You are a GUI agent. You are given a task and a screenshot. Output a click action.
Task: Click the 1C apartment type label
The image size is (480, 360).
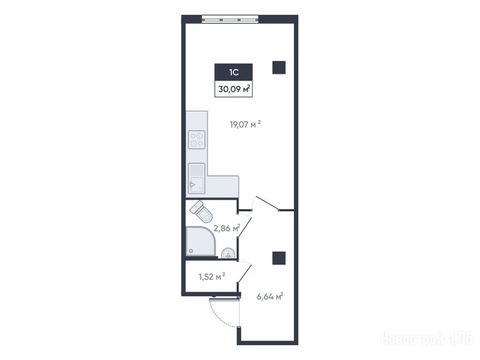click(x=233, y=72)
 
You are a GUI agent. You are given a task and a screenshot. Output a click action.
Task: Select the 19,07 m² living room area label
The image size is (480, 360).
click(x=245, y=124)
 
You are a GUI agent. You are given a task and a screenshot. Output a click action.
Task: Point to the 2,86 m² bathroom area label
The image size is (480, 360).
click(x=226, y=228)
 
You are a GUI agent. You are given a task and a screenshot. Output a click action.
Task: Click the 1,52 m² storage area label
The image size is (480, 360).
click(x=212, y=277)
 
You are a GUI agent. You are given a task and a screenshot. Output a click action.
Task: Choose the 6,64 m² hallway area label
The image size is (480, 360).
click(x=270, y=297)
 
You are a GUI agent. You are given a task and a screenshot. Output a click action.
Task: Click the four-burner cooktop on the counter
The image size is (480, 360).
click(x=196, y=140)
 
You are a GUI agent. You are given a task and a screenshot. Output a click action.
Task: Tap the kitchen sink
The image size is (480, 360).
click(x=196, y=179)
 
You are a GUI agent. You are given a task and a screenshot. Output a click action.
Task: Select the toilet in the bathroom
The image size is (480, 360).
click(x=202, y=211)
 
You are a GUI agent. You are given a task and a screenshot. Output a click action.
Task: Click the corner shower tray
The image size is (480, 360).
click(x=201, y=241)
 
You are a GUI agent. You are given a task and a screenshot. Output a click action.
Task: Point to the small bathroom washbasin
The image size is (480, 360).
click(x=228, y=253)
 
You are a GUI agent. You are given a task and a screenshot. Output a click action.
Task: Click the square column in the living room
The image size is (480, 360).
click(x=279, y=67)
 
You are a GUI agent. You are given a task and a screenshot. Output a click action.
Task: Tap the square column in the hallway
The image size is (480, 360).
click(x=279, y=258)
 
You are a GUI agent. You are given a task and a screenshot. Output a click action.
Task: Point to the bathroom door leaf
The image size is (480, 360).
click(x=245, y=227)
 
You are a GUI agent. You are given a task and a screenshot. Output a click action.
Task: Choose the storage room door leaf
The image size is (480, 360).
click(x=245, y=273)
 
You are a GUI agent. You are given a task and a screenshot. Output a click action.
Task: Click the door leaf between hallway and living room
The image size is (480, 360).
click(x=267, y=203)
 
